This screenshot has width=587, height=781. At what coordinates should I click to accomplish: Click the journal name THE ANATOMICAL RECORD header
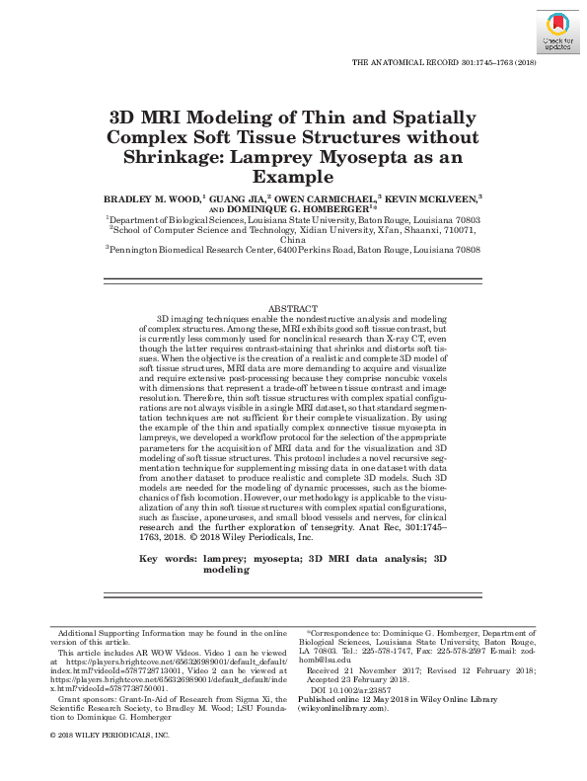(x=404, y=62)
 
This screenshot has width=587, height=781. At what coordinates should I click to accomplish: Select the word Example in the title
(x=293, y=179)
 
